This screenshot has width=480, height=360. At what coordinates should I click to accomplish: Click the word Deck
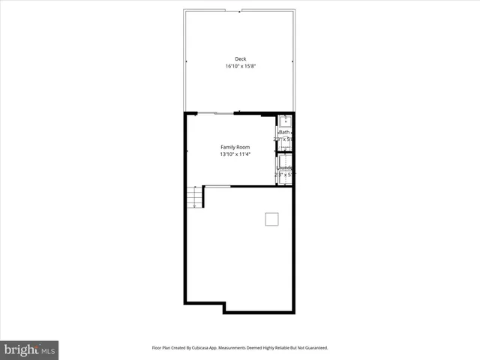click(x=240, y=58)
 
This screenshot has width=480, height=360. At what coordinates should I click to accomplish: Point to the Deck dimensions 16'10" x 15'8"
click(x=240, y=66)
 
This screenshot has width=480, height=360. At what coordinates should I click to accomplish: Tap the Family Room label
click(x=235, y=146)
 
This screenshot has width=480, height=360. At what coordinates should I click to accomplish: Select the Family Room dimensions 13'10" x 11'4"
click(x=235, y=154)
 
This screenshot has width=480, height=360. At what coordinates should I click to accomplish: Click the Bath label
click(x=284, y=132)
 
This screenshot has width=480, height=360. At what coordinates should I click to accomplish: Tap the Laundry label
click(x=284, y=168)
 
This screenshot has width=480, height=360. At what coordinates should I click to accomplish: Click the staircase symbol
click(x=195, y=196)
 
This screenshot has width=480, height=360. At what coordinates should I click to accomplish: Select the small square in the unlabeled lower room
click(x=271, y=219)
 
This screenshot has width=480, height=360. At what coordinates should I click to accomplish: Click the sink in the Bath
click(x=285, y=120)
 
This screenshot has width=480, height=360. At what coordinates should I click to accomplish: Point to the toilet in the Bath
click(x=286, y=145)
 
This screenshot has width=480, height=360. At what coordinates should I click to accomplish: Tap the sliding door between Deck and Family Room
click(x=215, y=113)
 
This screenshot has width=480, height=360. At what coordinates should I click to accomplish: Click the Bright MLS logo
click(x=29, y=349)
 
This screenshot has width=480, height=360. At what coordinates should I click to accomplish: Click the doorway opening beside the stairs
click(x=217, y=186)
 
